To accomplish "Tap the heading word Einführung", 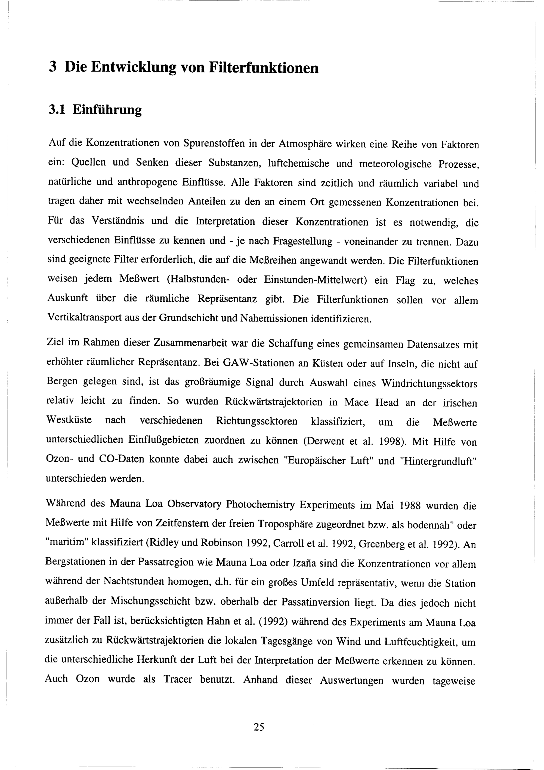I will pyautogui.click(x=107, y=110).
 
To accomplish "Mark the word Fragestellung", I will pyautogui.click(x=302, y=242).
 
